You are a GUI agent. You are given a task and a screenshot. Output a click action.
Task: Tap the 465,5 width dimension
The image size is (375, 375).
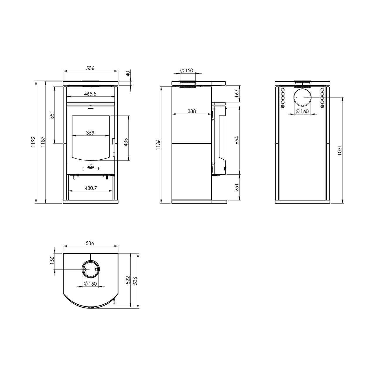90,94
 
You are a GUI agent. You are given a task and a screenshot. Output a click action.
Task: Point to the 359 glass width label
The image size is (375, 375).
90,133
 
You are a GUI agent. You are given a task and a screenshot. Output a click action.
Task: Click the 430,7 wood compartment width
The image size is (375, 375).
91,188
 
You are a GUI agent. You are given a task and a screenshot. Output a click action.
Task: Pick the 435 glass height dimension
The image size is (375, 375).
126,142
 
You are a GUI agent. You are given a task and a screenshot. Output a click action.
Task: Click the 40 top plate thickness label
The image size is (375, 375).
128,74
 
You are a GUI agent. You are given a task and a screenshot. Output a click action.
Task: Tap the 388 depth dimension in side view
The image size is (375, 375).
192,111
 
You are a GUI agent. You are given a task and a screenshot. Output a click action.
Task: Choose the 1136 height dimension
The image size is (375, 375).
158,144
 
